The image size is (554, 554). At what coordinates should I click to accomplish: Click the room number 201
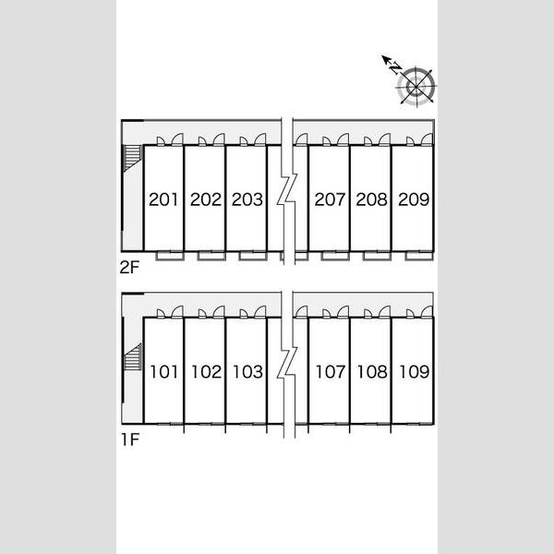click(163, 199)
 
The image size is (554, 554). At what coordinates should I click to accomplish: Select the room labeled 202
click(206, 199)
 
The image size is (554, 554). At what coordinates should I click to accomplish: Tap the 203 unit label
click(247, 199)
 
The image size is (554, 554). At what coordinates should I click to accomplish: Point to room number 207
click(330, 199)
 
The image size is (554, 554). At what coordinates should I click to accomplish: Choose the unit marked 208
click(371, 199)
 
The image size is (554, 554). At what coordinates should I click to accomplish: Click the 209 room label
click(414, 199)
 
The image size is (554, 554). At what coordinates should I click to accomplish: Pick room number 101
click(164, 372)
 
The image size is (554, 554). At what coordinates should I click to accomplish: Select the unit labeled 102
click(206, 372)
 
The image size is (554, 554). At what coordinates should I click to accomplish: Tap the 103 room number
click(248, 372)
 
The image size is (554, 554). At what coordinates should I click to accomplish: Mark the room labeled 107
click(331, 372)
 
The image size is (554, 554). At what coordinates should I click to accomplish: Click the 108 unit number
click(372, 372)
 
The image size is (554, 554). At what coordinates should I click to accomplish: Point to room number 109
click(414, 372)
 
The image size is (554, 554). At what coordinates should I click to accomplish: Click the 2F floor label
click(129, 268)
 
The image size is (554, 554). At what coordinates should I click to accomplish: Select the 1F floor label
click(130, 440)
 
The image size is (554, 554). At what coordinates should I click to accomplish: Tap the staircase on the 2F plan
click(132, 158)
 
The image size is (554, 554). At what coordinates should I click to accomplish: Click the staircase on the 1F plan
click(133, 356)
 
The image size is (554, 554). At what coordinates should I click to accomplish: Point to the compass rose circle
click(416, 86)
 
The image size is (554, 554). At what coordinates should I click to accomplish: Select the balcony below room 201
click(170, 256)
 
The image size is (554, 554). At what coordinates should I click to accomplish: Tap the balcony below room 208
click(377, 256)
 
